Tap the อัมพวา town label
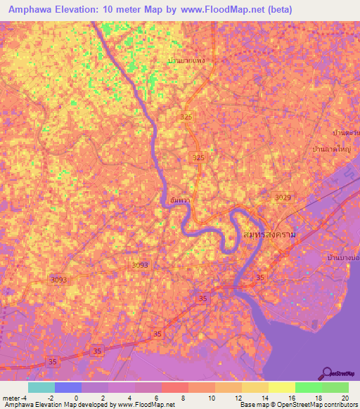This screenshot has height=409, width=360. [179, 200]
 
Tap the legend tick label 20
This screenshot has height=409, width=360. [345, 398]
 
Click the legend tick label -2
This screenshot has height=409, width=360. [51, 398]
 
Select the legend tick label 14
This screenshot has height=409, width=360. [264, 398]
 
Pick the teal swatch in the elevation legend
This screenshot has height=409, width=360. [41, 387]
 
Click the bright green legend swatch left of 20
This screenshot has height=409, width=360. [308, 387]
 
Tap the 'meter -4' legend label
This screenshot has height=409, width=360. [15, 398]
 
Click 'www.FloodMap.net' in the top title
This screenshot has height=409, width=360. [222, 11]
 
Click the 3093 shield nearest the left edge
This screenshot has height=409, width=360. [58, 280]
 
